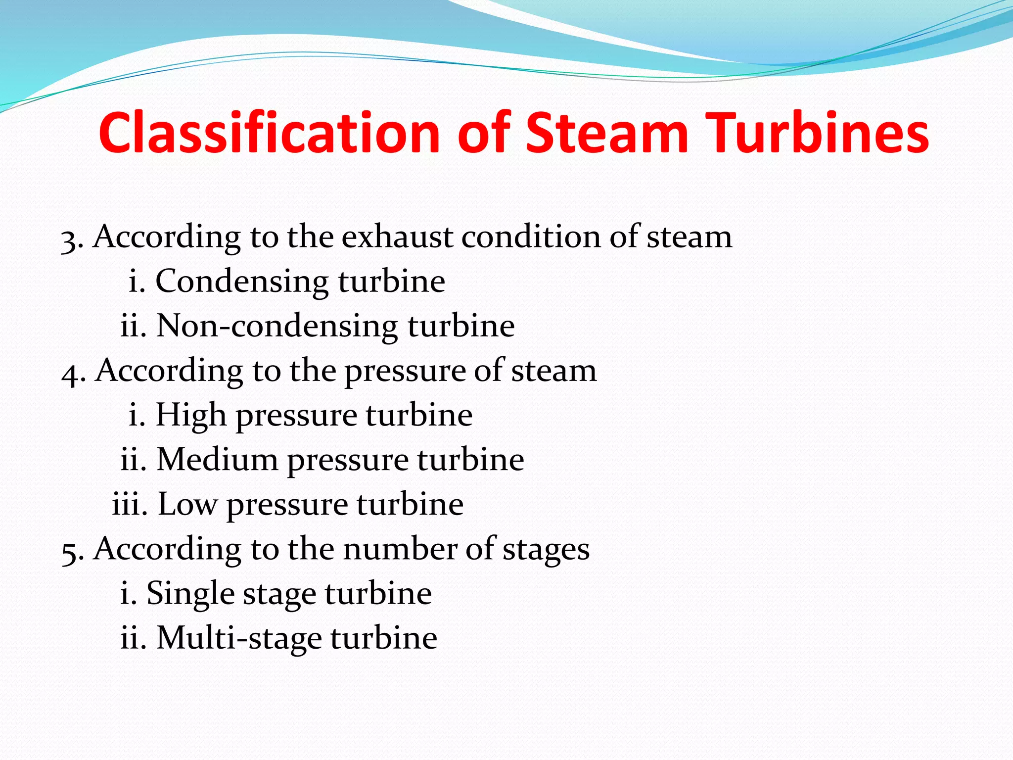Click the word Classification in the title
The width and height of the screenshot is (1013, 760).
coord(269,133)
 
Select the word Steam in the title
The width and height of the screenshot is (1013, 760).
coord(606,133)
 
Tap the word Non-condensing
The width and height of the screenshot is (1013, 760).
coord(277,326)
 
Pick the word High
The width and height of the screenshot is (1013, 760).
coord(191,415)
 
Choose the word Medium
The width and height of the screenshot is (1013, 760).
coord(217,459)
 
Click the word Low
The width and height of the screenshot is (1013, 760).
coord(187,504)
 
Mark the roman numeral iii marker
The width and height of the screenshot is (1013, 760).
coord(130,504)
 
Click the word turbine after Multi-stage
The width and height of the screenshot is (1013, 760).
coord(384,638)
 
